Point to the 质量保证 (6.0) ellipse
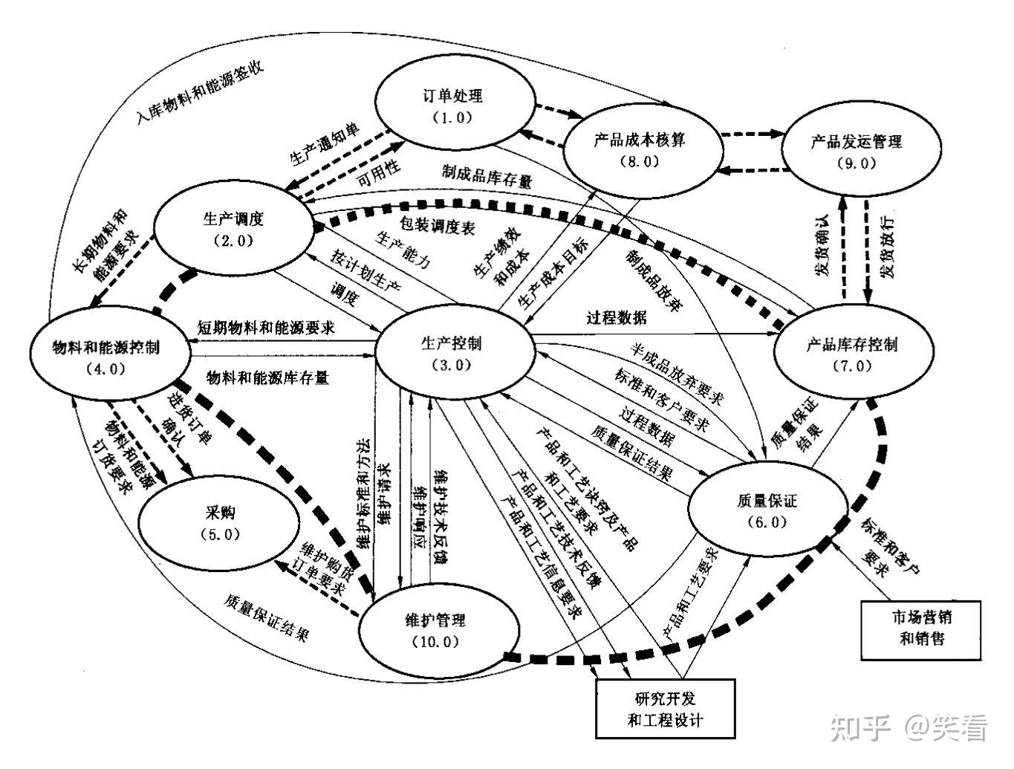pyautogui.click(x=767, y=510)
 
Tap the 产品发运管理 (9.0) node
pyautogui.click(x=857, y=151)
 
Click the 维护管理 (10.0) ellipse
pyautogui.click(x=435, y=629)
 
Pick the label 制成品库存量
pyautogui.click(x=487, y=175)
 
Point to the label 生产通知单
pyautogui.click(x=325, y=144)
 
